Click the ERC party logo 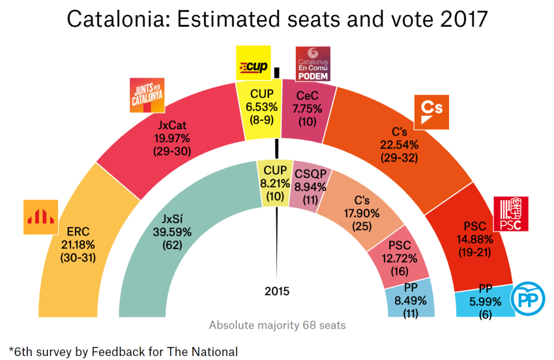point(41,217)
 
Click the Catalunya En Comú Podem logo point(313,64)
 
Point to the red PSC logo point(510,214)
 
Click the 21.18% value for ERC point(78,245)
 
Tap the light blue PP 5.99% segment point(486,301)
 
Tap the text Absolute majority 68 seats point(278,325)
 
